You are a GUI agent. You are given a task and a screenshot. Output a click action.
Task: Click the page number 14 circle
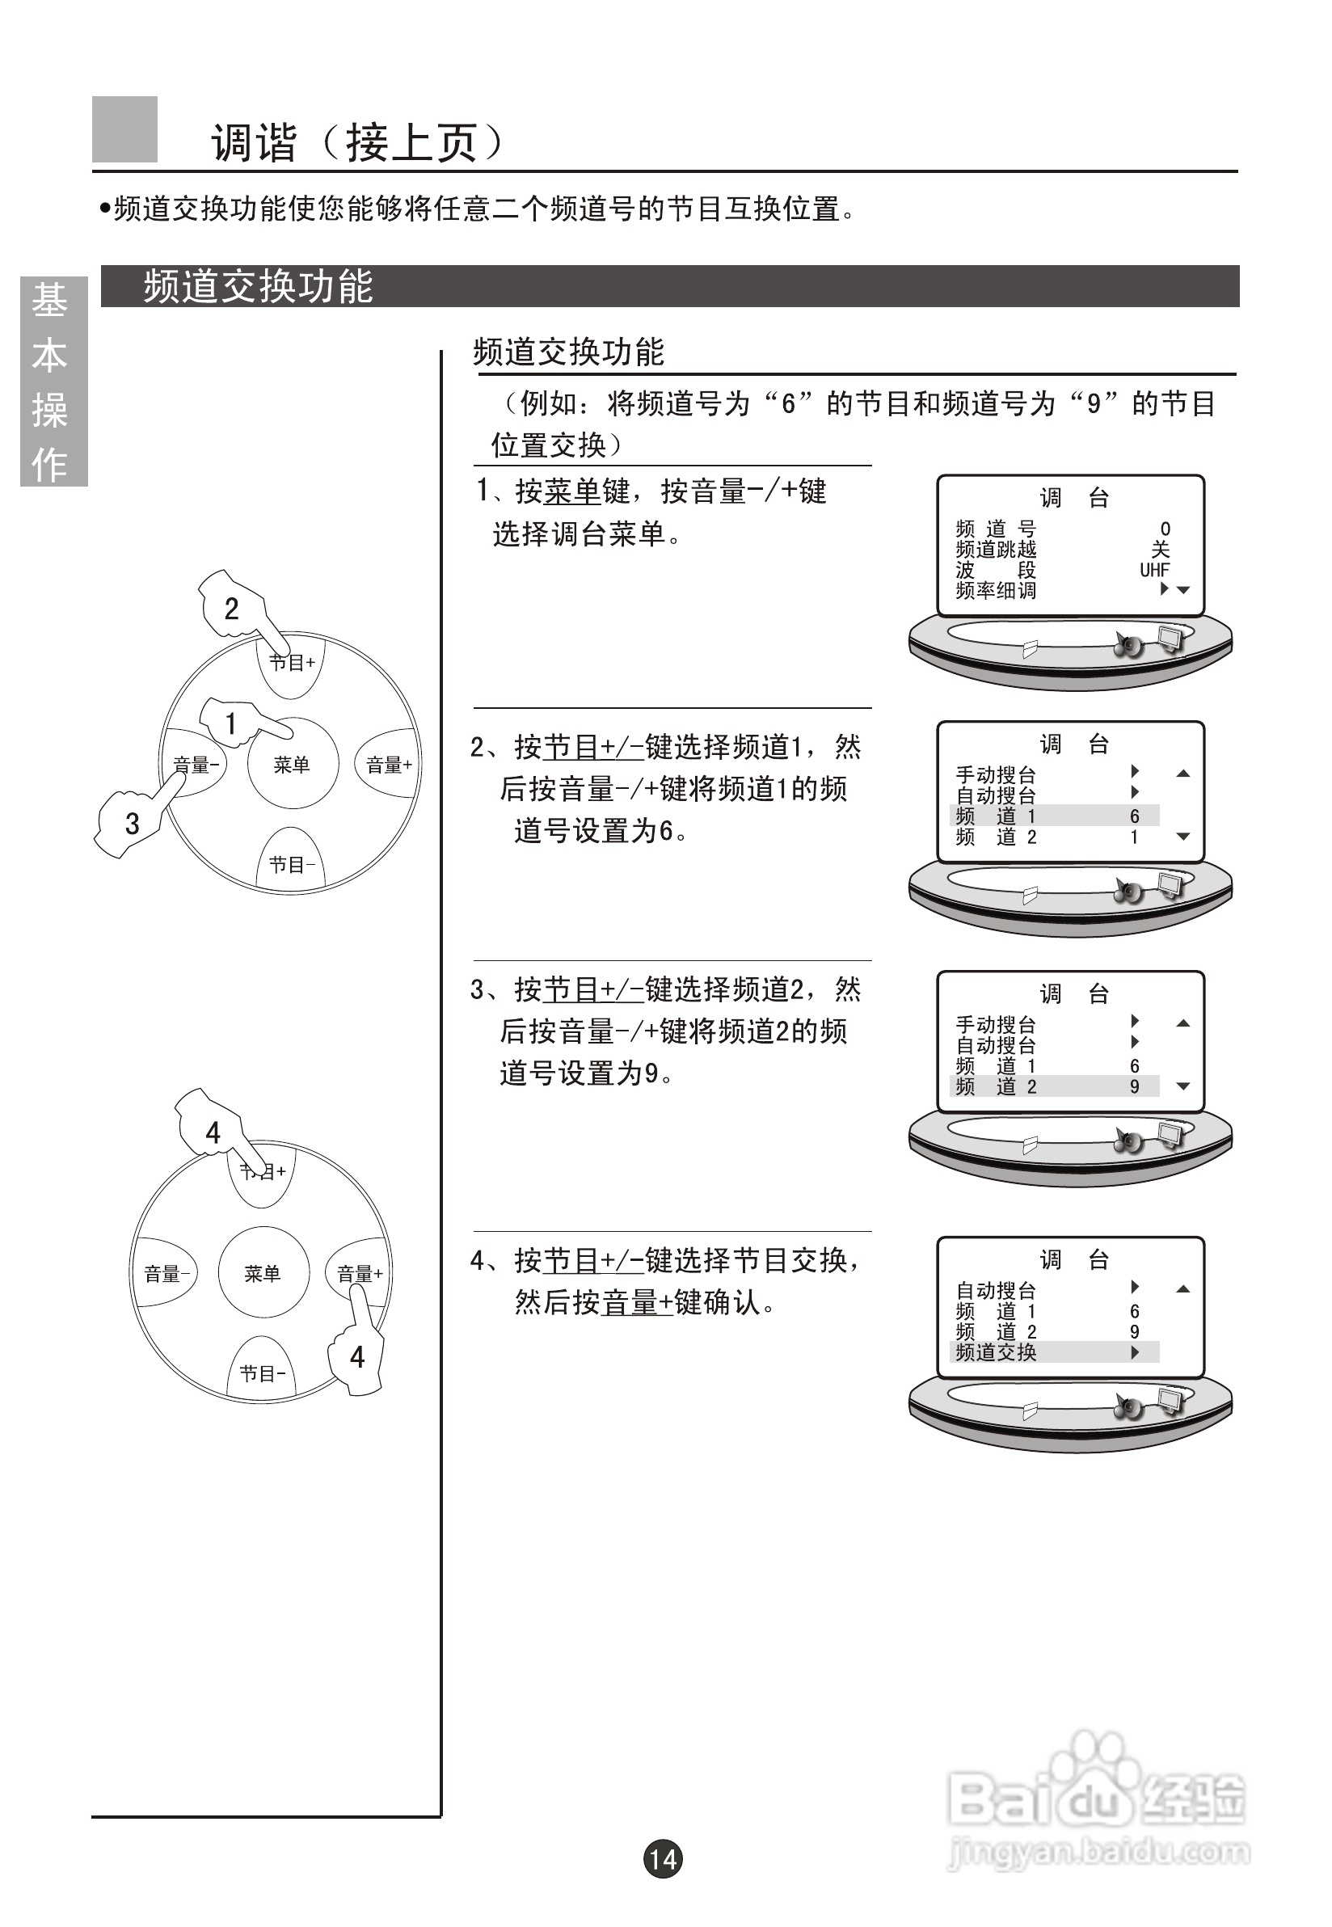(x=663, y=1858)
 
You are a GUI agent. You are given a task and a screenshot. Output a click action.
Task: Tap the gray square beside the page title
(x=124, y=129)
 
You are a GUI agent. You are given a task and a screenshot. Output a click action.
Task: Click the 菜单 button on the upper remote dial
(x=292, y=764)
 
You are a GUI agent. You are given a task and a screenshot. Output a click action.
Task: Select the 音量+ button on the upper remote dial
(x=389, y=765)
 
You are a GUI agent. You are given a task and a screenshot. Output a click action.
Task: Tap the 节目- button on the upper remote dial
(x=291, y=863)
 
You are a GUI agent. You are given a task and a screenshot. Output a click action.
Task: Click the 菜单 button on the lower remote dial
(x=263, y=1273)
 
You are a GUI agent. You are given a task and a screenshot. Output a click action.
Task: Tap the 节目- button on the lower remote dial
(x=262, y=1372)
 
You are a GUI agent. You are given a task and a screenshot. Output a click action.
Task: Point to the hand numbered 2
(x=233, y=608)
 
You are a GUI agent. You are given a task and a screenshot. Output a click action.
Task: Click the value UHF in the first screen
(x=1154, y=570)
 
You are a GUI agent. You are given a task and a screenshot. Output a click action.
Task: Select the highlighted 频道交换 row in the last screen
(x=1054, y=1352)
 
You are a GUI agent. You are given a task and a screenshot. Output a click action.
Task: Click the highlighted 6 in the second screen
(x=1134, y=816)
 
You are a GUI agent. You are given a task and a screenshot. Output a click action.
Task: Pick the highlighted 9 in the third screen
(x=1134, y=1086)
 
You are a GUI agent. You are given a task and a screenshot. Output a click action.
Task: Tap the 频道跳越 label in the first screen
(x=996, y=549)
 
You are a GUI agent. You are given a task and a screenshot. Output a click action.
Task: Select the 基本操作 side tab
(x=52, y=382)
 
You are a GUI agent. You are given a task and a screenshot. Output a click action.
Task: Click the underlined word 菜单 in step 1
(x=571, y=491)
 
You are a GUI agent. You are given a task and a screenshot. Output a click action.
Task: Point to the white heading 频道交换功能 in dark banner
(x=258, y=286)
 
